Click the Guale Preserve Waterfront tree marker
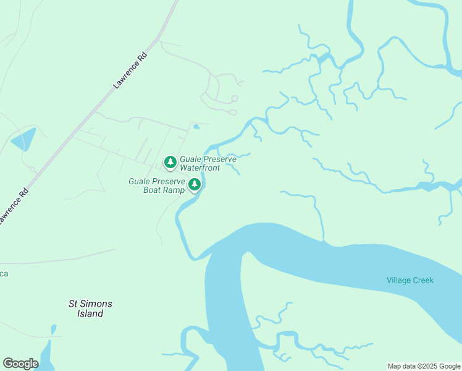click(170, 163)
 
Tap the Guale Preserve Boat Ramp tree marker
click(195, 184)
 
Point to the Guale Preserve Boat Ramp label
click(157, 185)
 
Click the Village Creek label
click(410, 280)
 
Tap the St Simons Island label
click(90, 309)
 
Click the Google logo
click(20, 363)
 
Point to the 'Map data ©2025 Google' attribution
click(424, 366)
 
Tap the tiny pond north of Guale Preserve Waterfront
click(196, 127)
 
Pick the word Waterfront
click(199, 168)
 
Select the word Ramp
click(174, 190)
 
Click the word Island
click(90, 313)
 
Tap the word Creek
click(423, 280)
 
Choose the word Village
click(398, 280)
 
